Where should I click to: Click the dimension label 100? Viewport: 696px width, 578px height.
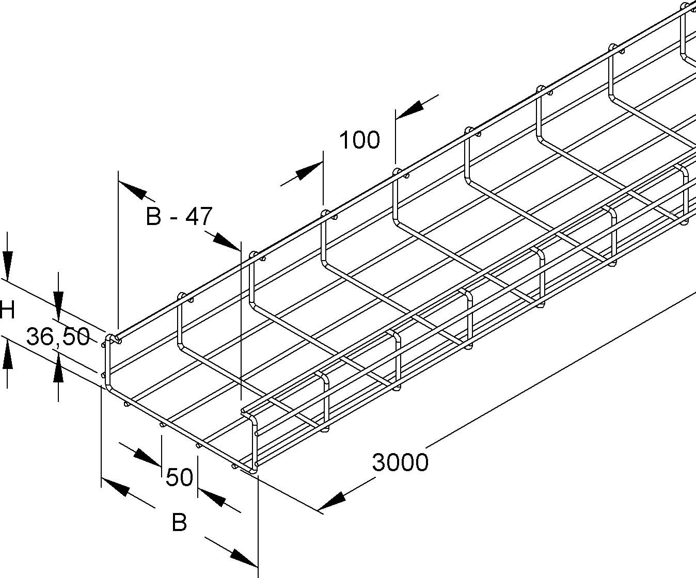[x=359, y=140]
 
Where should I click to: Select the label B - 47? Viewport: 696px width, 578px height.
[x=179, y=217]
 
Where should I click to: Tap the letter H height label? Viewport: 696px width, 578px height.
[x=7, y=311]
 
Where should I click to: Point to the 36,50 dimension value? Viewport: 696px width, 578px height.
[x=58, y=337]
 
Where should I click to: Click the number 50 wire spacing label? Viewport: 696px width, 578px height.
[x=179, y=477]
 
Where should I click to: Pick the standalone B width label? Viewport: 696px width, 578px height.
[x=179, y=523]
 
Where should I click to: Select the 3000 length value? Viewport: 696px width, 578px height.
[x=400, y=462]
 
